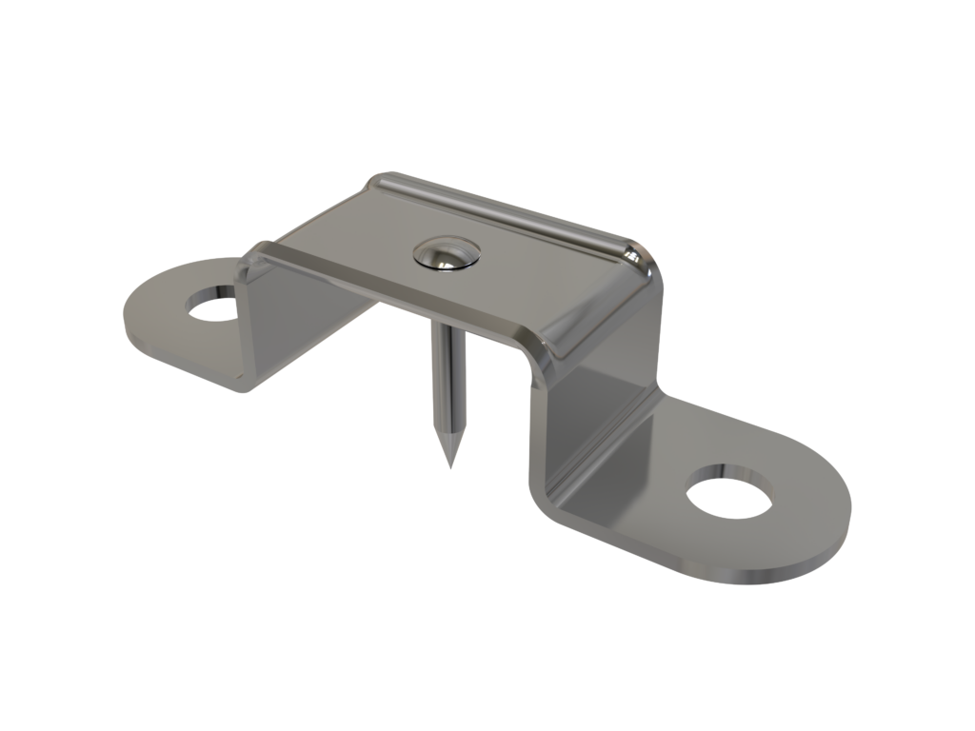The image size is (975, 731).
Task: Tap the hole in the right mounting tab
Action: click(x=729, y=493)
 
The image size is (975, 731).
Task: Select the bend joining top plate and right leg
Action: click(x=543, y=343)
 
